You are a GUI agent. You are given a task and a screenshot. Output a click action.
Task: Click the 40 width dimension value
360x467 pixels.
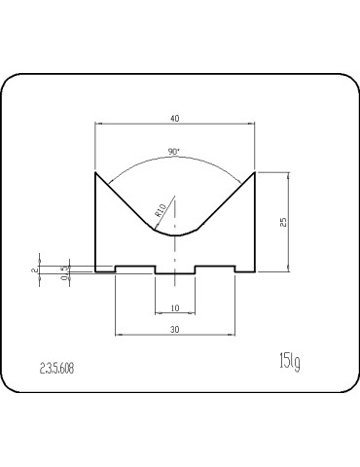(175, 119)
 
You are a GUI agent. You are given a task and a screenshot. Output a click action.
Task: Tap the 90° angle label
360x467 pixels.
(174, 152)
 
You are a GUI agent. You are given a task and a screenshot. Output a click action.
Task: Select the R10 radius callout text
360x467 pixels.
(160, 210)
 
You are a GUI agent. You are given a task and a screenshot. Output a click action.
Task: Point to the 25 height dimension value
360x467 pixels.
(283, 222)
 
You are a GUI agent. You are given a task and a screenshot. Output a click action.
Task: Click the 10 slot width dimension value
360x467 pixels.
(175, 308)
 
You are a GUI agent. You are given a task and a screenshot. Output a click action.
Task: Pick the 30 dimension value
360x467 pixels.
(175, 330)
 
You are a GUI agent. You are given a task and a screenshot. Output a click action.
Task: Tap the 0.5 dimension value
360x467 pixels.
(66, 273)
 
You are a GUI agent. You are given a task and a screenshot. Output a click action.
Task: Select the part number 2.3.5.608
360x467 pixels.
(56, 369)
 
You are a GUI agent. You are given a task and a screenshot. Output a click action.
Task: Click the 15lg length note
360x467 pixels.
(290, 361)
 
